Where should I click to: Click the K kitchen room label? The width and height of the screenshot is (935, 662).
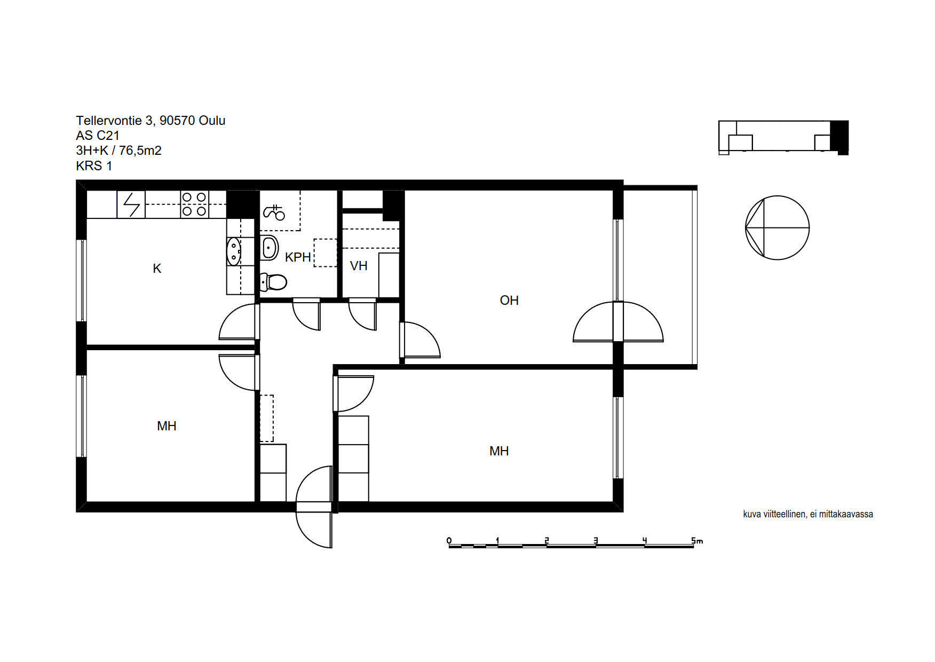click(157, 269)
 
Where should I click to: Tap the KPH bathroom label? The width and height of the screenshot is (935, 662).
click(298, 257)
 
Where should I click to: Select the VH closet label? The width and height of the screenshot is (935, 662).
click(359, 266)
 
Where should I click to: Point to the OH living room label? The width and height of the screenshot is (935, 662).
click(509, 301)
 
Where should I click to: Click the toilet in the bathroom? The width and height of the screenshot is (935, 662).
click(273, 281)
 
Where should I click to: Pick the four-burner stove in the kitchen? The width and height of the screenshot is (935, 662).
click(194, 204)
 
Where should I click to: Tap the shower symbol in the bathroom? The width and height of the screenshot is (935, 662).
click(274, 212)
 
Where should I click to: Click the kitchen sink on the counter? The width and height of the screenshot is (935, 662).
click(234, 251)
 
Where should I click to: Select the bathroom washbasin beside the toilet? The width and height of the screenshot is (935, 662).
click(270, 248)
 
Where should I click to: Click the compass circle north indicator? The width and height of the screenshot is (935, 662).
click(777, 228)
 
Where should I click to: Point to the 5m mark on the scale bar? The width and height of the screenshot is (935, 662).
click(697, 541)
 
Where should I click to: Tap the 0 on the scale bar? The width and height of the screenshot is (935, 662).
click(449, 541)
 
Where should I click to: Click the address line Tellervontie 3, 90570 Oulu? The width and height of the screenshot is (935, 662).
click(150, 121)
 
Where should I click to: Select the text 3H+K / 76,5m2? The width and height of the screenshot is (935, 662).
click(118, 151)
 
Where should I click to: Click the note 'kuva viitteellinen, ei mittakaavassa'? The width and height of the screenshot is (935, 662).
click(808, 514)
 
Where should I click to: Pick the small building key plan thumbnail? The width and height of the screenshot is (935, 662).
click(783, 138)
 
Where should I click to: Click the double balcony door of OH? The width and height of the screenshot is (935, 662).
click(618, 322)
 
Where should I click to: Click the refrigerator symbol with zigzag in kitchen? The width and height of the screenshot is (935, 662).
click(131, 204)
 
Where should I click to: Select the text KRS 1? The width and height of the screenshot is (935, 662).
click(94, 166)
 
